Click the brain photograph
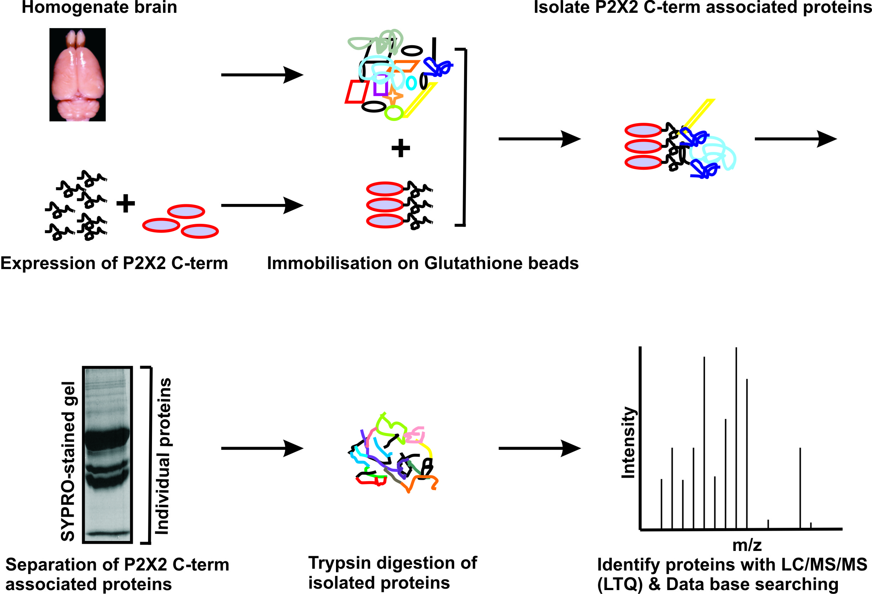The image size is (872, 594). [77, 74]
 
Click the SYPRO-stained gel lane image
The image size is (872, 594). [107, 454]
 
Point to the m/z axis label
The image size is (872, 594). [747, 545]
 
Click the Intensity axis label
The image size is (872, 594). [628, 442]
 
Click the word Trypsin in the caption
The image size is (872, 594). [339, 563]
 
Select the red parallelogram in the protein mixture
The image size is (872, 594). [357, 91]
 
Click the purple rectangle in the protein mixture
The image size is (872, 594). [380, 85]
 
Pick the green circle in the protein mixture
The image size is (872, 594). [394, 112]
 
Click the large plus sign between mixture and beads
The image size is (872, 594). [400, 148]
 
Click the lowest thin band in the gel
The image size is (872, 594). [107, 533]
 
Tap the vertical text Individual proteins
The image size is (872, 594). [163, 456]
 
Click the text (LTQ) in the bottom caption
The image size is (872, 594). [619, 584]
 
